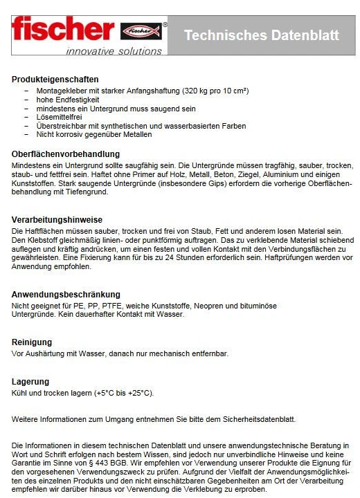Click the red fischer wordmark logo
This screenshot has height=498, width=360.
pyautogui.click(x=62, y=29)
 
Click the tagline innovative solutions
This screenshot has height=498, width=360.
pyautogui.click(x=114, y=50)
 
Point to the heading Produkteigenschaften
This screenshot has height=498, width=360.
pyautogui.click(x=55, y=80)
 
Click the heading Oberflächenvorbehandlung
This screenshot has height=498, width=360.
pyautogui.click(x=66, y=154)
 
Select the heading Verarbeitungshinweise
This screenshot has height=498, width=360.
pyautogui.click(x=56, y=219)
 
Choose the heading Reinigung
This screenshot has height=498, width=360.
pyautogui.click(x=31, y=342)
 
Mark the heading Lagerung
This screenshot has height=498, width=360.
pyautogui.click(x=30, y=381)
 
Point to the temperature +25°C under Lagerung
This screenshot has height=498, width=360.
pyautogui.click(x=140, y=393)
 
